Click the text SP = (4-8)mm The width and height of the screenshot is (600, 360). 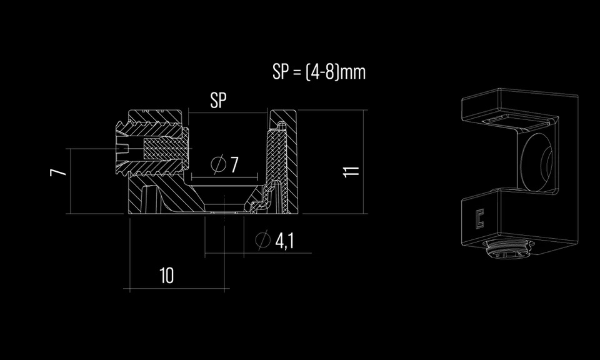319,72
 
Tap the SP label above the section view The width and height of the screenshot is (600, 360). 219,101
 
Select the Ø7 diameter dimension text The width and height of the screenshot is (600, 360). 225,165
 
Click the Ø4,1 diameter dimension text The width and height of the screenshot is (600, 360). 275,241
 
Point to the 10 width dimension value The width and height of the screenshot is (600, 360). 166,275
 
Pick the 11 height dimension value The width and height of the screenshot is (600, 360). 352,171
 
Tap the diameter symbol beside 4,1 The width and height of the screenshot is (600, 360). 262,240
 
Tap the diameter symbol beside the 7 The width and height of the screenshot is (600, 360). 217,165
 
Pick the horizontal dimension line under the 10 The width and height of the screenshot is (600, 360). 178,289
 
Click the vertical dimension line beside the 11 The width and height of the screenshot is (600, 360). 362,162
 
